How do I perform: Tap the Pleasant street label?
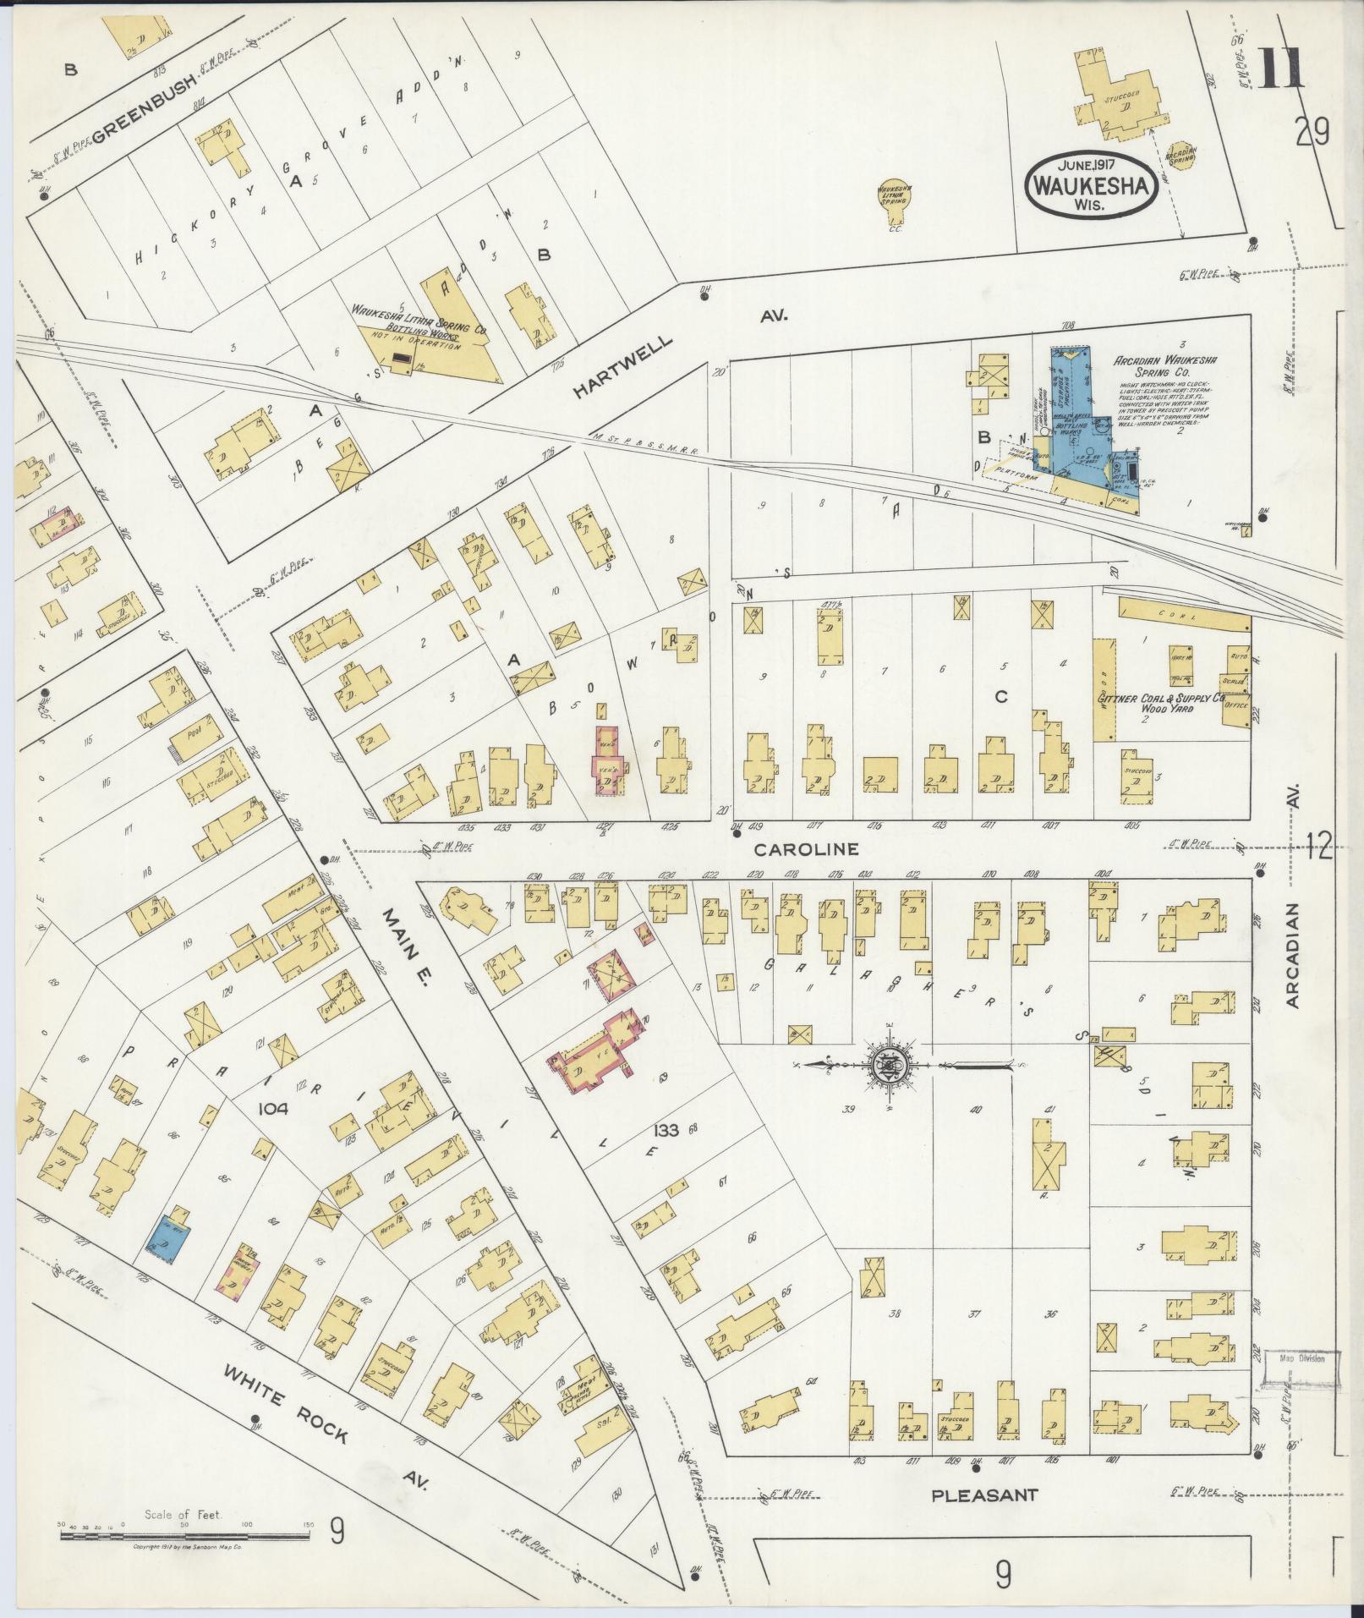tap(983, 1495)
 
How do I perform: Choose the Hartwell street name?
tap(624, 365)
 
